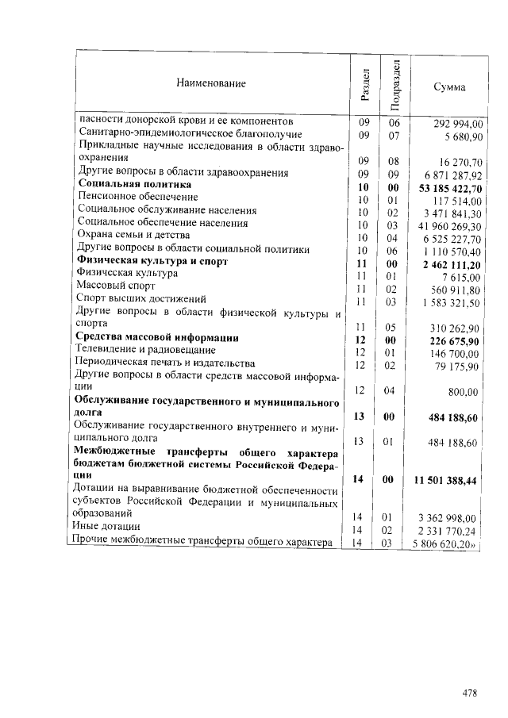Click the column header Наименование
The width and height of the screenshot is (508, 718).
point(211,83)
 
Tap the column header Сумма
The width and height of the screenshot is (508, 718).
point(450,86)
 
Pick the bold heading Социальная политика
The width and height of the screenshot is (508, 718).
point(134,185)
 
